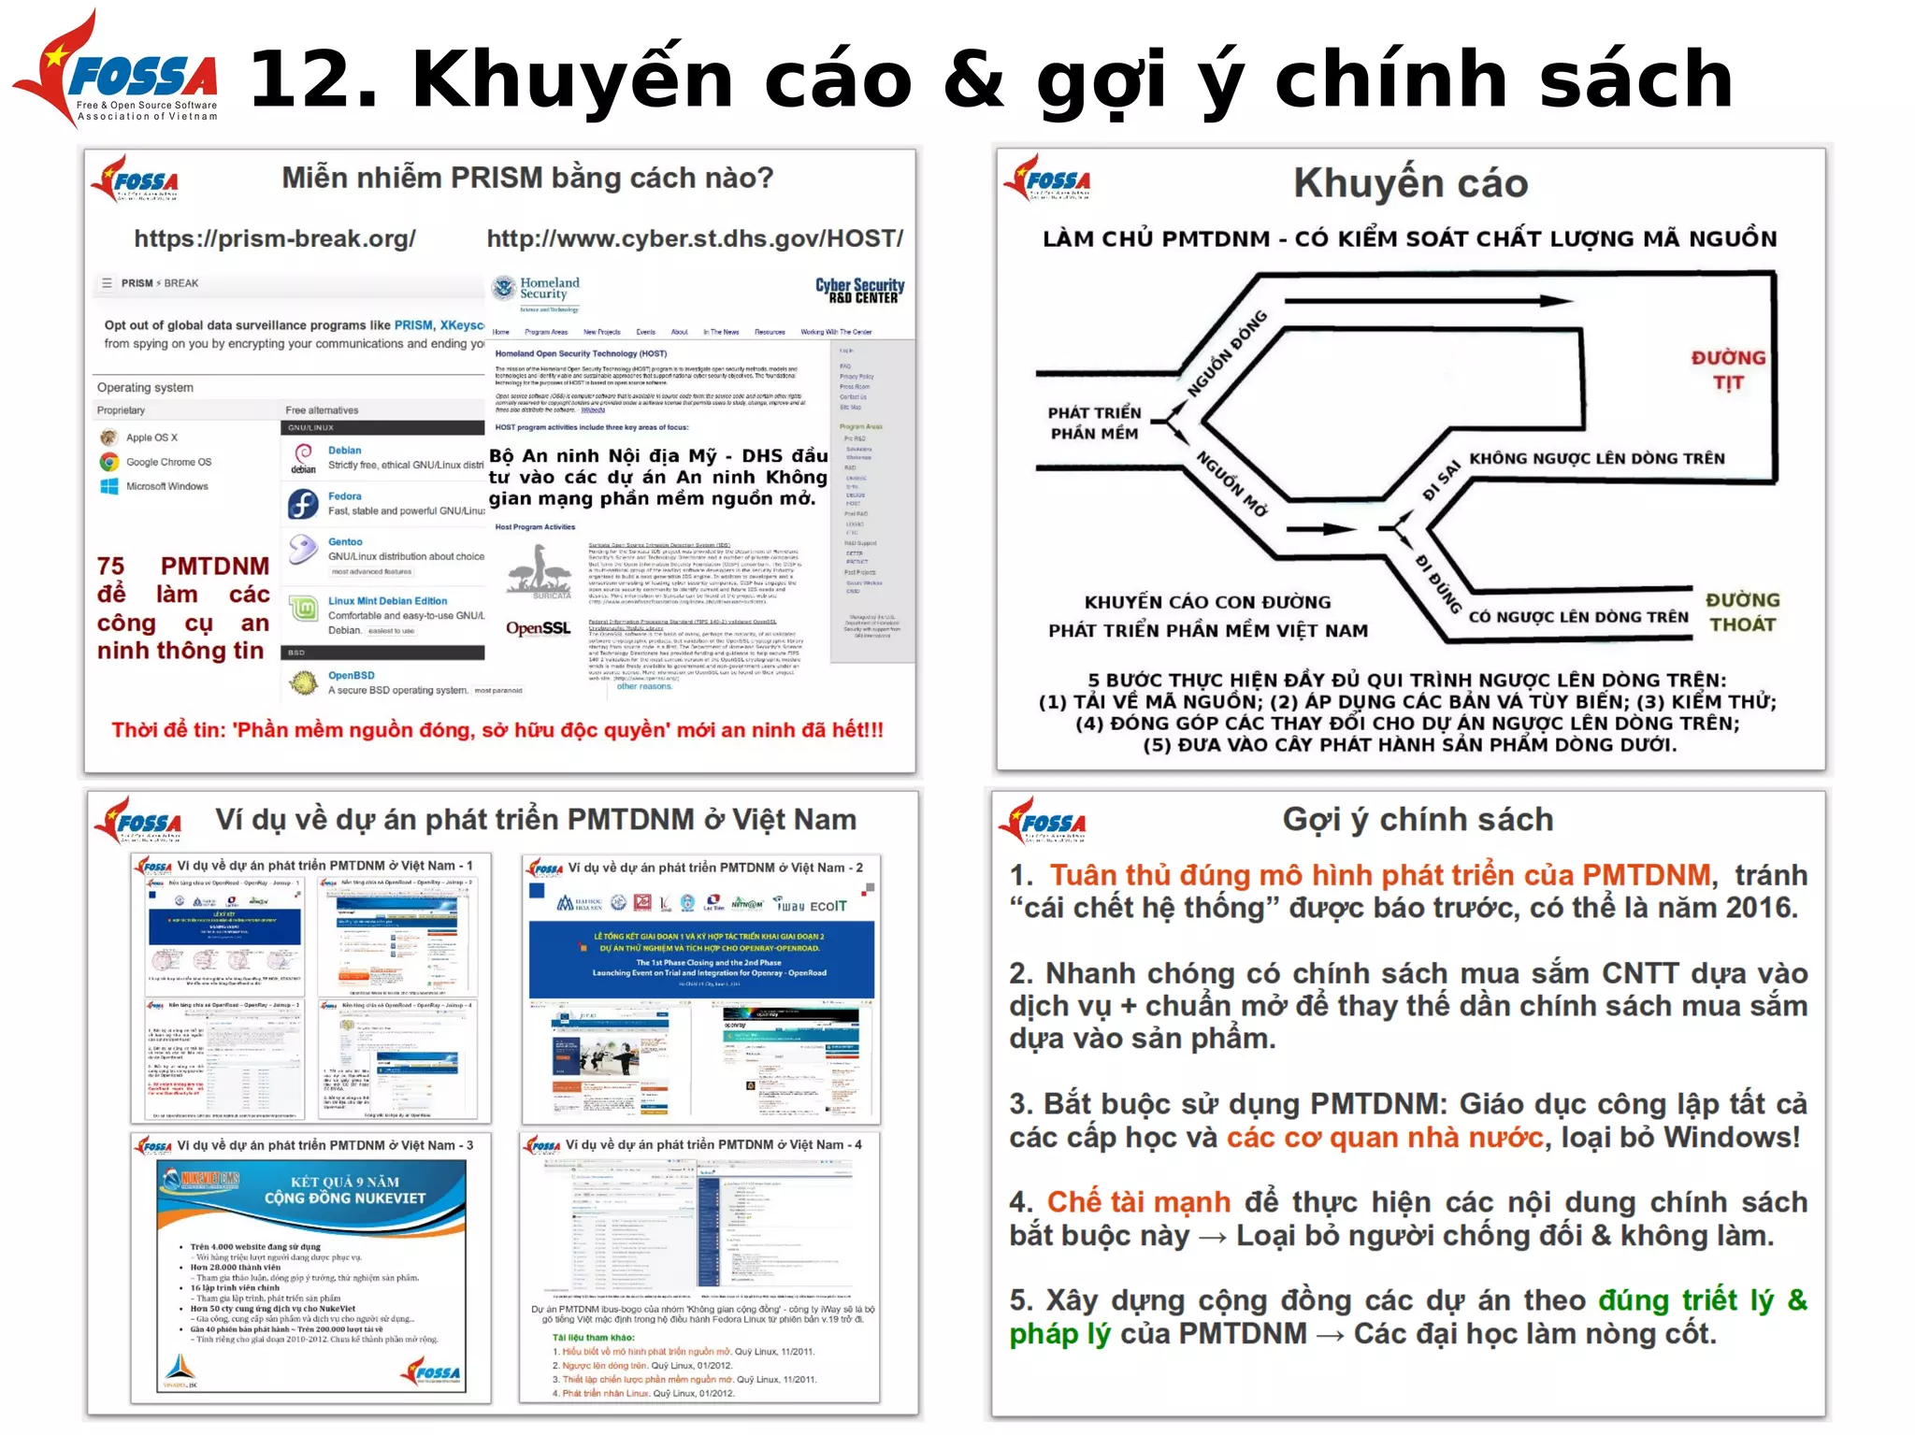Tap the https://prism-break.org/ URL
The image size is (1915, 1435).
click(x=275, y=238)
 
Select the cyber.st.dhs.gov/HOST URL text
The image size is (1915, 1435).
click(x=695, y=238)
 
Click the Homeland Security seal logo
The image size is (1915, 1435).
click(x=504, y=289)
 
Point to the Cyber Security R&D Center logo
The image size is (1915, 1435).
click(x=859, y=291)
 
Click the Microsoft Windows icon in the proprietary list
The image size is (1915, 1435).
click(x=109, y=486)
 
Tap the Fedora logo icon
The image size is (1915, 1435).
click(x=303, y=505)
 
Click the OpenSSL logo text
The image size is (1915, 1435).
click(x=538, y=628)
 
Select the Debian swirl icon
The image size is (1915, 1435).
click(x=303, y=455)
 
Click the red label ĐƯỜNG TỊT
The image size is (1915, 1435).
click(x=1728, y=370)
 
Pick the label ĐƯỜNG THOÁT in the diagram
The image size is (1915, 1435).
click(x=1742, y=612)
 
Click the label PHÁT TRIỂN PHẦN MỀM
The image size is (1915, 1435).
click(x=1094, y=423)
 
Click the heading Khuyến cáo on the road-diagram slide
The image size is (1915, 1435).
click(x=1410, y=183)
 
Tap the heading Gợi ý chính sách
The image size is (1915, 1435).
click(x=1418, y=820)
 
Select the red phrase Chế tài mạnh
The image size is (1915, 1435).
click(x=1138, y=1202)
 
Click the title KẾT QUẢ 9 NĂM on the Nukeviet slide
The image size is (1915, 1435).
click(x=345, y=1182)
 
